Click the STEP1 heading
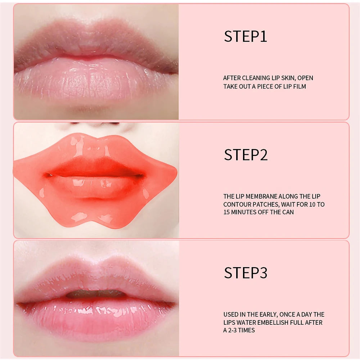(246, 36)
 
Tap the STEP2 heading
(246, 154)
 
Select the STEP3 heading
(246, 273)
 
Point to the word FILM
(300, 86)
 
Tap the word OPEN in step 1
(305, 78)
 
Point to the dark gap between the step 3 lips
(96, 294)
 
